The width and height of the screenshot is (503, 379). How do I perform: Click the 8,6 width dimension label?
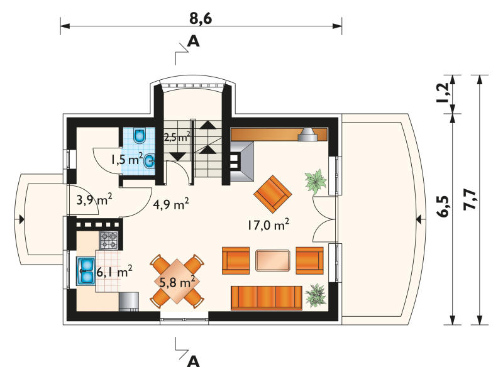coord(201,19)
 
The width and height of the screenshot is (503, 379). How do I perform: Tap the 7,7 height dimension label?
coord(469,200)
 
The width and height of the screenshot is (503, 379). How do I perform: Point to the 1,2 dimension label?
coord(442,93)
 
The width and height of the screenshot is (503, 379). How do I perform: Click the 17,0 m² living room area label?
coord(268,224)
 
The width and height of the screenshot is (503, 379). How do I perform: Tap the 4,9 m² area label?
coord(170,204)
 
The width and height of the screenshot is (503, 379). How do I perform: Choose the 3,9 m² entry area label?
coord(94,200)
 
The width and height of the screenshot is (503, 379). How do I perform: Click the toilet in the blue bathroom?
coord(140,136)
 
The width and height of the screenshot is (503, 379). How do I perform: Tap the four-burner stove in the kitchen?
coord(109,241)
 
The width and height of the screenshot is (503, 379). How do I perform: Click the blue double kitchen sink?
coord(86,272)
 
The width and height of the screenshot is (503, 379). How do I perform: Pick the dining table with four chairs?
coord(177,282)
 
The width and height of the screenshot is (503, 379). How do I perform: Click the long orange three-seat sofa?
coord(267,298)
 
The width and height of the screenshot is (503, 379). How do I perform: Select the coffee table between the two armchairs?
coord(273,260)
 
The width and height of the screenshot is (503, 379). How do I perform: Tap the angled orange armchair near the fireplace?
coord(273,194)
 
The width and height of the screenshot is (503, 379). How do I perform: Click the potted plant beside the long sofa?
coord(316,295)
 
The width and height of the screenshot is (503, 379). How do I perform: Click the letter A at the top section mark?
coord(193,41)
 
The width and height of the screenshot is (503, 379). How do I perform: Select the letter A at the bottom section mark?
coord(193,361)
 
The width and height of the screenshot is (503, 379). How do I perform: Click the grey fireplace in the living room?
coord(242,162)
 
